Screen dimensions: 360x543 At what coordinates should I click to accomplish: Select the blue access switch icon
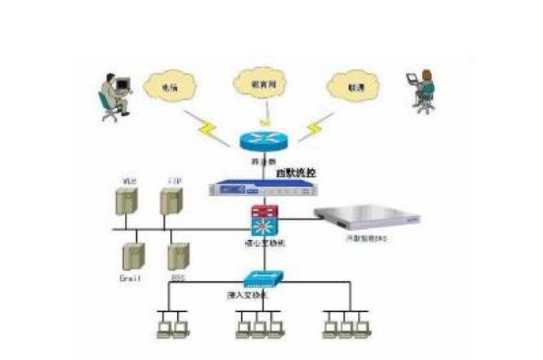click(x=260, y=278)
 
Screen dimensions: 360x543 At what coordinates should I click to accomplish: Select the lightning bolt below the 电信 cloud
click(x=209, y=127)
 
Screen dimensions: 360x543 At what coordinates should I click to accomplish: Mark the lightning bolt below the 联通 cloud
click(x=313, y=125)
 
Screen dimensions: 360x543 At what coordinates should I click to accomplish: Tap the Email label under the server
click(x=131, y=278)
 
